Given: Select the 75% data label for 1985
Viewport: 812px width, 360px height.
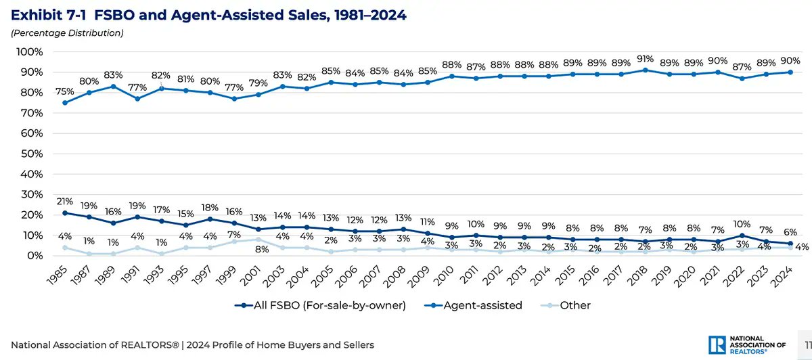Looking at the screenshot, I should tap(64, 91).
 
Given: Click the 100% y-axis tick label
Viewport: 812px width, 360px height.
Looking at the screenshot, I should tap(30, 51).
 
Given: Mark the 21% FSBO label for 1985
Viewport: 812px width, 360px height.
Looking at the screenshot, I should tap(64, 201).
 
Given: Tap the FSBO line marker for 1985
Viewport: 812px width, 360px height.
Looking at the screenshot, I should tap(64, 212).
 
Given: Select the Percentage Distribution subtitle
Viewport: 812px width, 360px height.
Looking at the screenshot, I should tap(66, 32).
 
